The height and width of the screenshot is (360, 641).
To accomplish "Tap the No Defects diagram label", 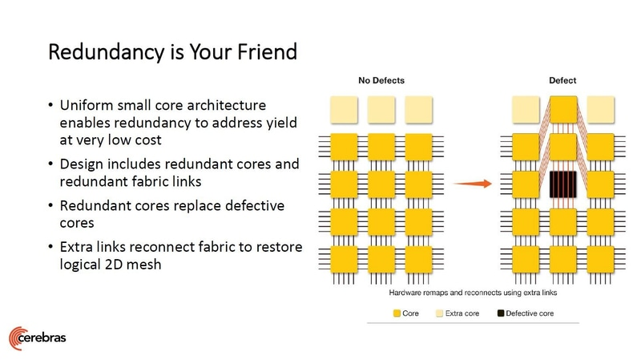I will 381,81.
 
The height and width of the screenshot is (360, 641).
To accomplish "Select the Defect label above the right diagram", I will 562,81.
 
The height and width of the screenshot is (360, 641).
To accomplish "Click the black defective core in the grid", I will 563,184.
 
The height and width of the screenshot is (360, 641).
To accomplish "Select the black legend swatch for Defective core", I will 502,313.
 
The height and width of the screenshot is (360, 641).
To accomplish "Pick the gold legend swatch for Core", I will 397,313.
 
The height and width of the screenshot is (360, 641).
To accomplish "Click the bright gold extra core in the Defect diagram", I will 563,108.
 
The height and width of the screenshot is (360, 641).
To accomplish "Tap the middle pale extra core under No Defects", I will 381,108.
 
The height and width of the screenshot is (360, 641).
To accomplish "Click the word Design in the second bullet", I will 80,164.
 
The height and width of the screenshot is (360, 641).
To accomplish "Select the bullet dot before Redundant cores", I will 51,206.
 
